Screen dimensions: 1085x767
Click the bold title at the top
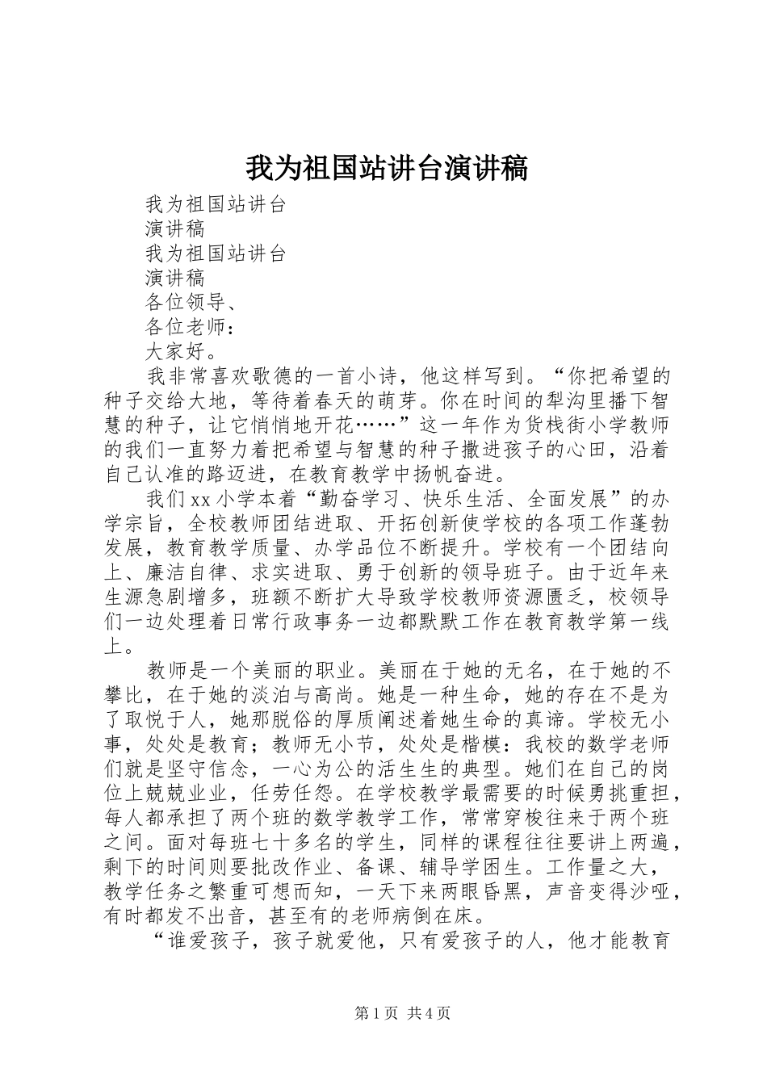[x=386, y=168]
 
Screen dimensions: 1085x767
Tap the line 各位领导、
[x=191, y=303]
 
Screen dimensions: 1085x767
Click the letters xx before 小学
[x=201, y=499]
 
